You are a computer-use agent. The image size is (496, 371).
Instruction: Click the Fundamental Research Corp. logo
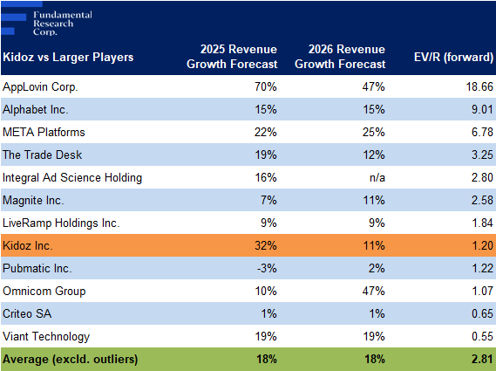pyautogui.click(x=46, y=19)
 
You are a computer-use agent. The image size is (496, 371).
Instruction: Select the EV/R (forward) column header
pyautogui.click(x=453, y=57)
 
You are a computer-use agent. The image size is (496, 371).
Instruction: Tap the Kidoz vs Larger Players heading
pyautogui.click(x=68, y=58)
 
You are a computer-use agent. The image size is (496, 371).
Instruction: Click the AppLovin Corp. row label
pyautogui.click(x=40, y=86)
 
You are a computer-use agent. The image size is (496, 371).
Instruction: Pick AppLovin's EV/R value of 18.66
pyautogui.click(x=479, y=86)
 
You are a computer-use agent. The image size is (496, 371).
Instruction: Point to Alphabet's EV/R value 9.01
pyautogui.click(x=482, y=110)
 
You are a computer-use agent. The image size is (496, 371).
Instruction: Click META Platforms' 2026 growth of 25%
pyautogui.click(x=374, y=132)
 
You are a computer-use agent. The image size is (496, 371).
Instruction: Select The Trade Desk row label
pyautogui.click(x=42, y=155)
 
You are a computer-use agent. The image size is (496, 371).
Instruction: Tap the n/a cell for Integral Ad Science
pyautogui.click(x=377, y=178)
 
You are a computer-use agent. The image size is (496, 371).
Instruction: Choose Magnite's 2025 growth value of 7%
pyautogui.click(x=268, y=200)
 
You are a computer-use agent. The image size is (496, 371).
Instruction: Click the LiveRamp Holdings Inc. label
pyautogui.click(x=61, y=223)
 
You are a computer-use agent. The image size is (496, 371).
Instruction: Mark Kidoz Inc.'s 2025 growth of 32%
pyautogui.click(x=266, y=245)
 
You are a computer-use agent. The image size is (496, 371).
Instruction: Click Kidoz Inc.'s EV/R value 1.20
pyautogui.click(x=482, y=245)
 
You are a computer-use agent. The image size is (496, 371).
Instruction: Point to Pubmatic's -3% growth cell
pyautogui.click(x=267, y=268)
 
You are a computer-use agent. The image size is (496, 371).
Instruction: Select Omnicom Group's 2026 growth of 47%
pyautogui.click(x=374, y=292)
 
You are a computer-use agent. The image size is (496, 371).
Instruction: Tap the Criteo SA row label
pyautogui.click(x=27, y=313)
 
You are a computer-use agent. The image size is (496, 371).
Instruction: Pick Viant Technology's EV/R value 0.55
pyautogui.click(x=482, y=336)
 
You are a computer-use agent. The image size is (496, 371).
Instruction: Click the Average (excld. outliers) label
pyautogui.click(x=71, y=360)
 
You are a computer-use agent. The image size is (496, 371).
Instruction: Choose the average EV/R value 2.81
pyautogui.click(x=482, y=360)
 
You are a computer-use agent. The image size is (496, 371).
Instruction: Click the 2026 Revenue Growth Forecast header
pyautogui.click(x=340, y=57)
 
